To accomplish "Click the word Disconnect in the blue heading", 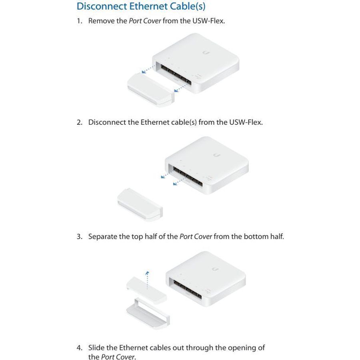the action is [102, 6].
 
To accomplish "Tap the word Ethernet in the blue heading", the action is [148, 6].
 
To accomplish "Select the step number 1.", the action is [79, 21].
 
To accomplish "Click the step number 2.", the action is [80, 122].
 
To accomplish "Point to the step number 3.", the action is [80, 236].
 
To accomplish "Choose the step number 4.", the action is [80, 348].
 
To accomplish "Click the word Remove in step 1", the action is [102, 21].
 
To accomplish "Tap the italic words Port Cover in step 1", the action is [145, 21].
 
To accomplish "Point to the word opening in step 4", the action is [237, 348].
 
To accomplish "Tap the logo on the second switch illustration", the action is [217, 155].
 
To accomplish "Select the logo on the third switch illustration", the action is [215, 269].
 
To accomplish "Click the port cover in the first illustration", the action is [150, 90].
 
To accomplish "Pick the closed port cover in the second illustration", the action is [140, 205].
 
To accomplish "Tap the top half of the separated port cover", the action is [146, 290].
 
